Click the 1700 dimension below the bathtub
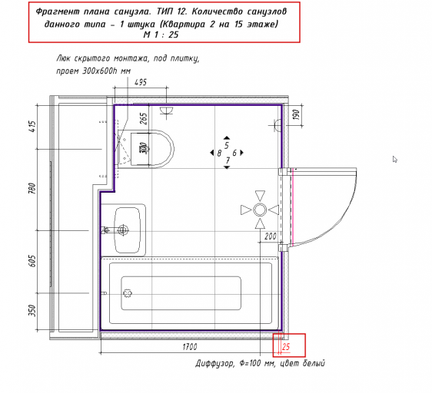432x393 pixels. (x=190, y=347)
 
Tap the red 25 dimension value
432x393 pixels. (x=286, y=347)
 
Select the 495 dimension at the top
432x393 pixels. (x=141, y=82)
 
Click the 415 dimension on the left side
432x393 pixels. (x=32, y=127)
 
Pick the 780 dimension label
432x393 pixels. (x=32, y=189)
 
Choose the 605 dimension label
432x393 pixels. (x=32, y=261)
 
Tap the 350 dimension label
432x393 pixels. (x=32, y=310)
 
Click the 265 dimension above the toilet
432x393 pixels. (x=144, y=119)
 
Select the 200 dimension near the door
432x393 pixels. (x=271, y=236)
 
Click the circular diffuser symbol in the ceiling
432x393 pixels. (x=260, y=210)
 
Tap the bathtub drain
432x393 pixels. (x=128, y=293)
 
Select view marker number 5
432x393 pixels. (x=227, y=145)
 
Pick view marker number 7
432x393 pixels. (x=228, y=160)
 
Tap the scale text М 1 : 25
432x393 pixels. (x=161, y=35)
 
